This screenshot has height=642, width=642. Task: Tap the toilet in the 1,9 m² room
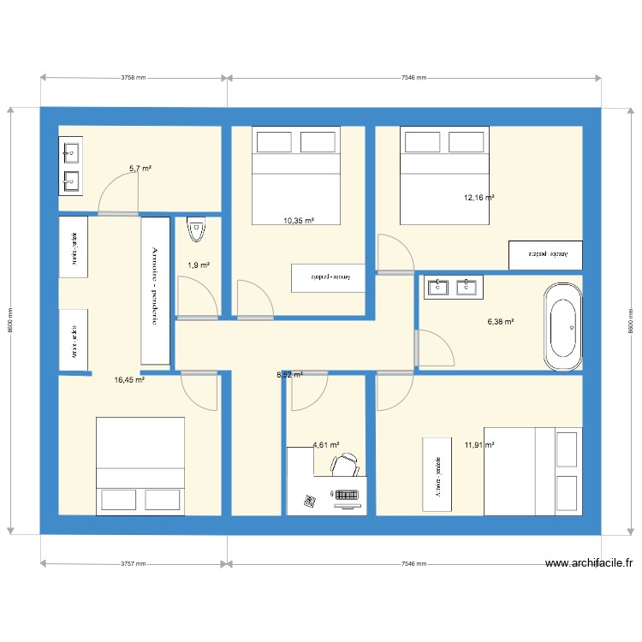[x=197, y=230]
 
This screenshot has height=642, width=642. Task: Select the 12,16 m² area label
[x=479, y=198]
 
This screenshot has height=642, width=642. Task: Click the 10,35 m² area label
[x=299, y=221]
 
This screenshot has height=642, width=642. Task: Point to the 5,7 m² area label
[x=140, y=169]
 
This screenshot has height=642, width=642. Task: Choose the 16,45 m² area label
[x=129, y=380]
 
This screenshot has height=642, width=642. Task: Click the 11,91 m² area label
[x=479, y=444]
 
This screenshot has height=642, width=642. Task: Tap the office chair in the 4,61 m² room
[x=344, y=465]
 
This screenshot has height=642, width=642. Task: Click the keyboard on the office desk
[x=345, y=495]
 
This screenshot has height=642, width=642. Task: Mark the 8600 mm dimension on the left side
[x=9, y=320]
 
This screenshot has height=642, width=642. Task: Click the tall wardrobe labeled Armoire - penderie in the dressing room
[x=154, y=290]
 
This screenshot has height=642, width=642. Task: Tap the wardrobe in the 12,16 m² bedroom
[x=545, y=254]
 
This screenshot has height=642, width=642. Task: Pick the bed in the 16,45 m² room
[x=140, y=467]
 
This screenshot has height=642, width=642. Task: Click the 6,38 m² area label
[x=500, y=323]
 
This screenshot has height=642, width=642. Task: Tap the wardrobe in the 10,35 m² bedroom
[x=329, y=277]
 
